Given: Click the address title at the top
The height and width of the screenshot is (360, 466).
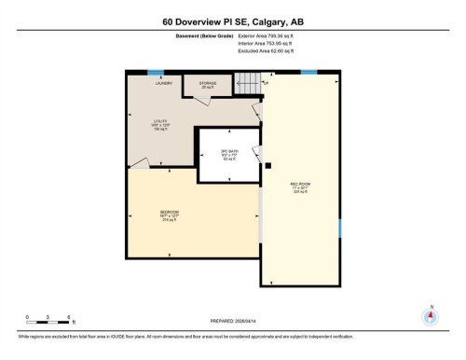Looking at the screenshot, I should (232, 21).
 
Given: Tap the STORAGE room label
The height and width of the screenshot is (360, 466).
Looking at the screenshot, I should (206, 84).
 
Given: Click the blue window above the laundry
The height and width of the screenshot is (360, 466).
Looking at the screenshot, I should (156, 72).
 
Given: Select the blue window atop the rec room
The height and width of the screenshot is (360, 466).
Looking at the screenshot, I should (308, 72).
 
